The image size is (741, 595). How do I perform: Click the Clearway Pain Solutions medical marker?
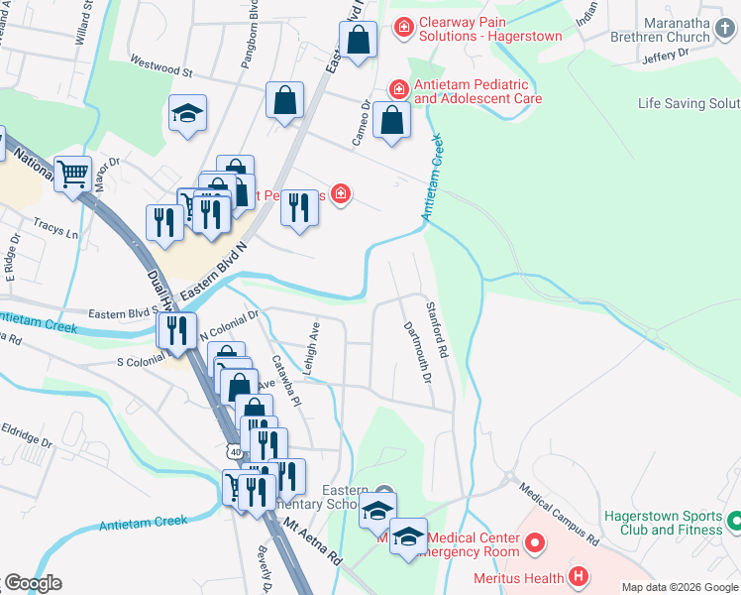403,27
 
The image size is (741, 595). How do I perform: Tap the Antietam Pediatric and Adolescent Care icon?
398,89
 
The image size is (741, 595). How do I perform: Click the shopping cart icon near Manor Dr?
72,175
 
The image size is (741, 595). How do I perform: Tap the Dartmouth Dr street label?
417,352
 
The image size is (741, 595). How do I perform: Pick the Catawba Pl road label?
287,381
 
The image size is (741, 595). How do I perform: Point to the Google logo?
33,583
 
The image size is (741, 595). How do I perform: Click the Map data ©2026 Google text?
680,587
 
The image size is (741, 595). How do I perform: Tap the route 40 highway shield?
234,451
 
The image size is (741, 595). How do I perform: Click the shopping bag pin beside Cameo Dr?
393,120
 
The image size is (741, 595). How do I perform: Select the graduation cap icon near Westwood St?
186,113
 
